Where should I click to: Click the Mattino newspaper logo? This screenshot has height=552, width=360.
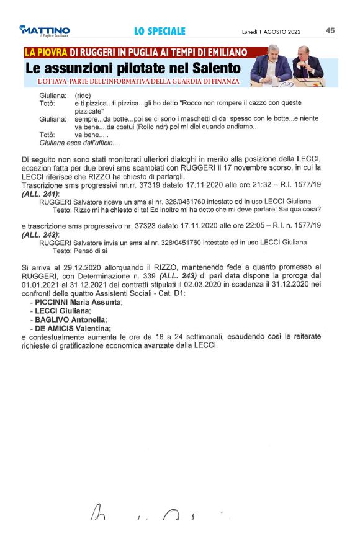point(45,31)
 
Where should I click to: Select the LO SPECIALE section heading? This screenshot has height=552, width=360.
point(160,31)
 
